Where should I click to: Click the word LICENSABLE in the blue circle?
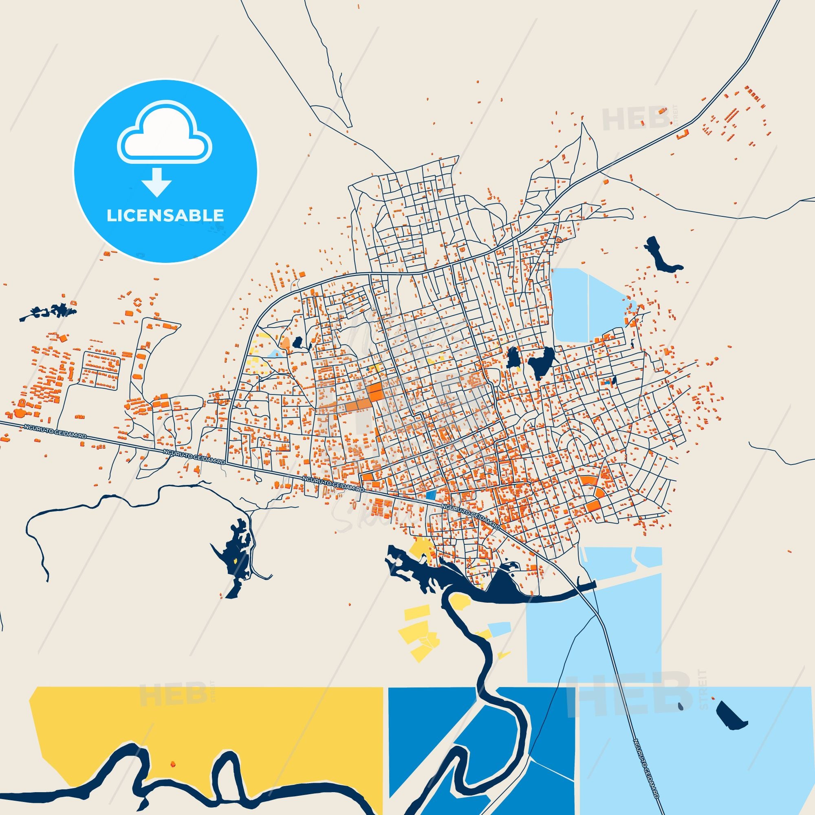click(165, 216)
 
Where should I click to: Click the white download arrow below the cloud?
click(156, 182)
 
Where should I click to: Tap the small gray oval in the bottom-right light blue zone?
click(680, 707)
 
